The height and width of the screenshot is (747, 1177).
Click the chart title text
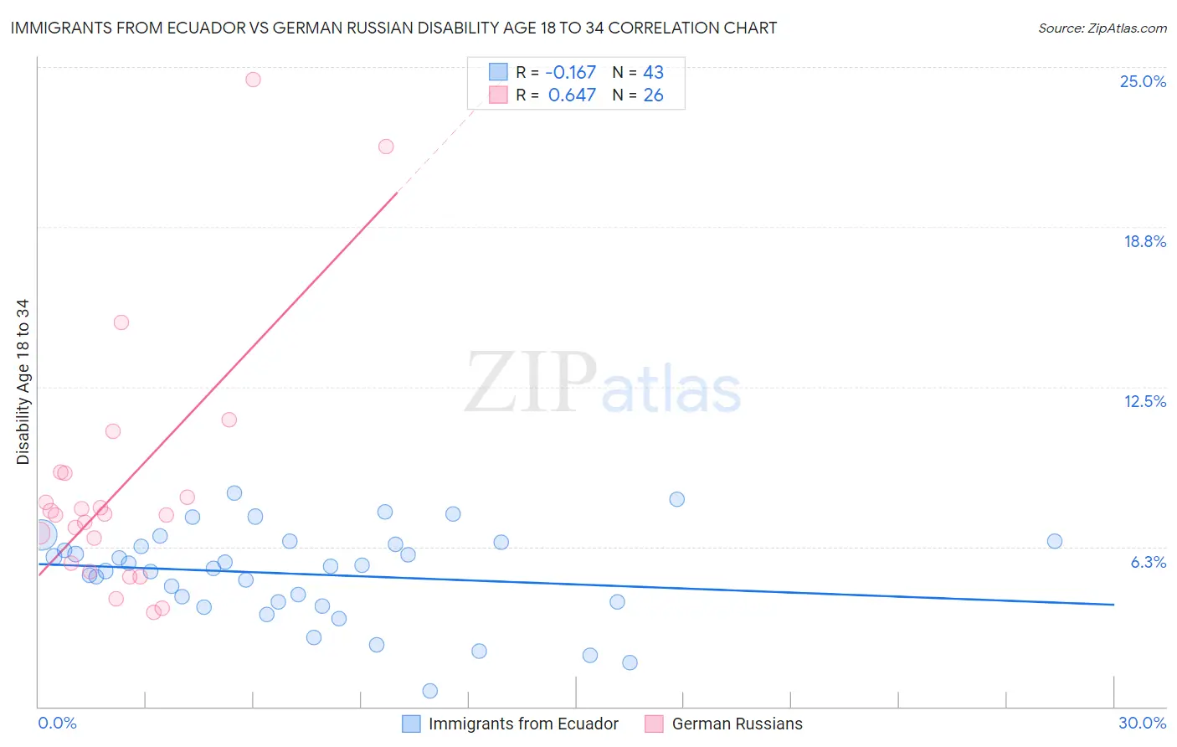click(x=393, y=28)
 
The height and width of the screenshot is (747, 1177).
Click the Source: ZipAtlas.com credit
click(x=1102, y=28)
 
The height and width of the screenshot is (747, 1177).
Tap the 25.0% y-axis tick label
click(x=1143, y=81)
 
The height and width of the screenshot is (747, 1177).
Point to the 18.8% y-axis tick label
click(x=1144, y=241)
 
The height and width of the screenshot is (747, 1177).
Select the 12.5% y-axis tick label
click(x=1144, y=401)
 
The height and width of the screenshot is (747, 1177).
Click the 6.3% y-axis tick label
click(x=1148, y=562)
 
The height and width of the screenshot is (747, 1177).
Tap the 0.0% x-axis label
click(x=57, y=723)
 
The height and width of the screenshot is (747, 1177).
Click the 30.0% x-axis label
click(x=1142, y=723)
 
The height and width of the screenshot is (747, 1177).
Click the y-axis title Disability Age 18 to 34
click(x=23, y=382)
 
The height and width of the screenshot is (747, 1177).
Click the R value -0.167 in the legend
click(x=570, y=73)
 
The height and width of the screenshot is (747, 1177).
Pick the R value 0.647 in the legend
click(x=572, y=95)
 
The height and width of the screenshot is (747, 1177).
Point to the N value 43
click(x=653, y=73)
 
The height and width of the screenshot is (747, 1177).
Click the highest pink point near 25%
click(x=253, y=80)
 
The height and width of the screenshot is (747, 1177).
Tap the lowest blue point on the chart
click(x=430, y=691)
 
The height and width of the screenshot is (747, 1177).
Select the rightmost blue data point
click(x=1055, y=541)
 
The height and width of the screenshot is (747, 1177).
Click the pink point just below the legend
click(x=386, y=147)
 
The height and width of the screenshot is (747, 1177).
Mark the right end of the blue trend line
click(x=1113, y=604)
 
